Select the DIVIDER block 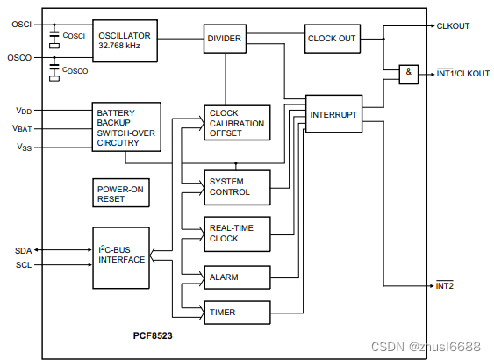(x=225, y=39)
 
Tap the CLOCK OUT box (x=333, y=39)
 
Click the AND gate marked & (x=409, y=75)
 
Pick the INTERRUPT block (x=333, y=114)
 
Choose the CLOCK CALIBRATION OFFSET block (x=236, y=123)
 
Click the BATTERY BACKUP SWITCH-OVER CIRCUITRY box (x=126, y=126)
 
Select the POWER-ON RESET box (x=123, y=193)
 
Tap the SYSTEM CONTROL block (x=236, y=186)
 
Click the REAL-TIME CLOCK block (x=236, y=233)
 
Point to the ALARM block (x=236, y=278)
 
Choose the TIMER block (x=236, y=312)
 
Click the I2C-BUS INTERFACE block (x=121, y=256)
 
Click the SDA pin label (x=23, y=250)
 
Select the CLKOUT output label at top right (x=453, y=26)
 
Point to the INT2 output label (x=446, y=286)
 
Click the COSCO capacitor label (x=76, y=70)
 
